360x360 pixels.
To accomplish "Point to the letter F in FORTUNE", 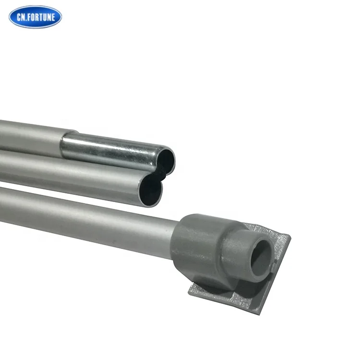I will pyautogui.click(x=30, y=17).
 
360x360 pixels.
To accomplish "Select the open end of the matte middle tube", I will pyautogui.click(x=152, y=187).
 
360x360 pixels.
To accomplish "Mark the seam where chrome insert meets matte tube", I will pyautogui.click(x=63, y=143).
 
